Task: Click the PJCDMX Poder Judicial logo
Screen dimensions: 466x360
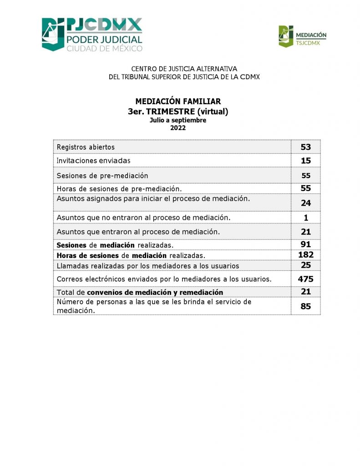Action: click(x=92, y=35)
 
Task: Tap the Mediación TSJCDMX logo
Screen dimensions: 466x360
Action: click(x=302, y=36)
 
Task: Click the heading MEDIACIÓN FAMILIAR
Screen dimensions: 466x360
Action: click(x=178, y=101)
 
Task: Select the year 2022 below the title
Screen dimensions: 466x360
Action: click(x=178, y=128)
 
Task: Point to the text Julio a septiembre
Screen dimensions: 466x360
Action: click(x=178, y=121)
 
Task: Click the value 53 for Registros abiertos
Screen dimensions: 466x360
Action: click(x=305, y=147)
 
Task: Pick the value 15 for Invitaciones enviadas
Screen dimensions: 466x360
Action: click(x=305, y=161)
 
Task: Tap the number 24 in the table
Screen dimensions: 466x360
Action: click(x=305, y=203)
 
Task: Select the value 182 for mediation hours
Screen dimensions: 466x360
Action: click(x=306, y=255)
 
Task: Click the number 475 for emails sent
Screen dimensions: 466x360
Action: click(x=306, y=279)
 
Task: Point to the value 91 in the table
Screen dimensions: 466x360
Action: click(x=305, y=244)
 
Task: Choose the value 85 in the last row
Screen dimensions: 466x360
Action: click(x=305, y=306)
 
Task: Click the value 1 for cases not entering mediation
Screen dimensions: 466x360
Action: click(x=306, y=218)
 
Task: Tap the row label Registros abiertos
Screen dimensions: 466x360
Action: click(x=86, y=147)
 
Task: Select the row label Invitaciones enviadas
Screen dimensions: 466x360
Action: click(x=93, y=161)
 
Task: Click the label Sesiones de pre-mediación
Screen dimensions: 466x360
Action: click(x=102, y=176)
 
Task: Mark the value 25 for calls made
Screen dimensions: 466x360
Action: click(x=305, y=265)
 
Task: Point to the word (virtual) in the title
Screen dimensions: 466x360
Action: click(x=209, y=111)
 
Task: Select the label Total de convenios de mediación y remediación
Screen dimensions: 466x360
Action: click(x=140, y=292)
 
